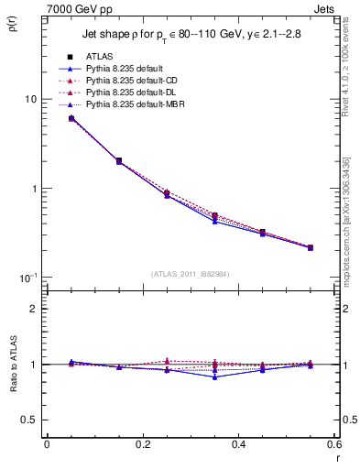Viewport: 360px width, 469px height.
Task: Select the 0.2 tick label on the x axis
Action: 142,445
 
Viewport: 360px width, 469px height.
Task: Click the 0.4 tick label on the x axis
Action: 238,445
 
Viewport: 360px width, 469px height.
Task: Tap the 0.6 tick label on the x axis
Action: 334,445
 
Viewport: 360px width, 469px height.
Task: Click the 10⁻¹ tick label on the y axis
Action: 27,278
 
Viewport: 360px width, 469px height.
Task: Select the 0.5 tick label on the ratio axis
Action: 29,420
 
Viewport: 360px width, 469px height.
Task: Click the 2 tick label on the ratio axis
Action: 34,309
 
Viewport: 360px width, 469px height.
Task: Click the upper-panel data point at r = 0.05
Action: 71,118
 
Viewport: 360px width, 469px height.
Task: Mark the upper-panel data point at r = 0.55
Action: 311,247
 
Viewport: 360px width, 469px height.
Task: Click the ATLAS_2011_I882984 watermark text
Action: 190,274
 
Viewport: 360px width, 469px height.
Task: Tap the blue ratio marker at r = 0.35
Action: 214,376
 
